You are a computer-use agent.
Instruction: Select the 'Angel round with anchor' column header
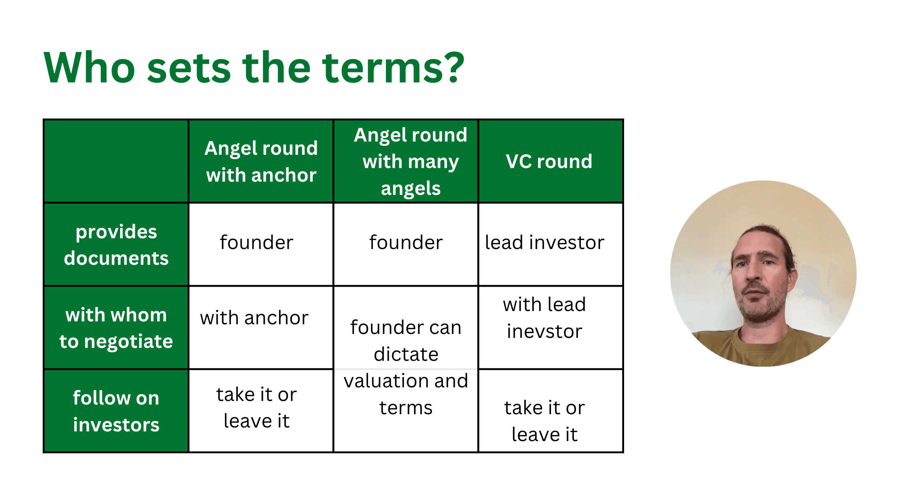261,162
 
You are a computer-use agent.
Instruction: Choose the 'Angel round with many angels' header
411,162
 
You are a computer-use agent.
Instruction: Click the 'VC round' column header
549,162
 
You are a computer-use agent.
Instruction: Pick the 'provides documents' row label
116,245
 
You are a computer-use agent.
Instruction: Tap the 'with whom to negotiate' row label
116,328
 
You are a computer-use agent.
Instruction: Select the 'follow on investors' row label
116,411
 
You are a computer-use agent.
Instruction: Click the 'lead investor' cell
544,242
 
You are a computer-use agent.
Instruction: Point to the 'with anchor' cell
254,317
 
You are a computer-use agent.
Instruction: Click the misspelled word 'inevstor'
544,331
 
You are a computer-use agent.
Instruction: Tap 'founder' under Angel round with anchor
256,242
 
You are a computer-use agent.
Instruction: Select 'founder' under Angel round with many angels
406,242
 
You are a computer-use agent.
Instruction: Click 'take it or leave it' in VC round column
544,421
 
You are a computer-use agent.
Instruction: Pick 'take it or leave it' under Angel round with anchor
256,408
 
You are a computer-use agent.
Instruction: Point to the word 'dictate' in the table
406,354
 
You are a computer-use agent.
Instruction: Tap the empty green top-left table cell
116,161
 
